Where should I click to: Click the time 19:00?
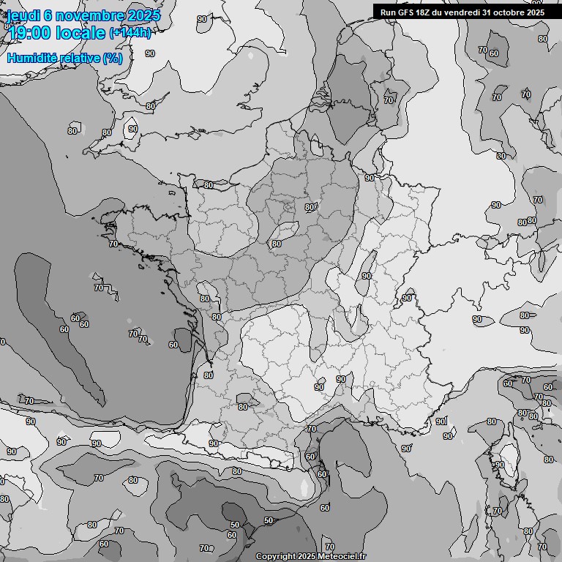point(31,34)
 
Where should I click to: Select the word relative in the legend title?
point(77,58)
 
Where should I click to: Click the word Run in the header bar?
point(389,12)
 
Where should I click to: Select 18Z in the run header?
point(426,12)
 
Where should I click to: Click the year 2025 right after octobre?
point(536,12)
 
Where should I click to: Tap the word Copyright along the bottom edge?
point(276,557)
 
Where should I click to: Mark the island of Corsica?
point(504,476)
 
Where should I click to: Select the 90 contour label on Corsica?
point(500,465)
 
